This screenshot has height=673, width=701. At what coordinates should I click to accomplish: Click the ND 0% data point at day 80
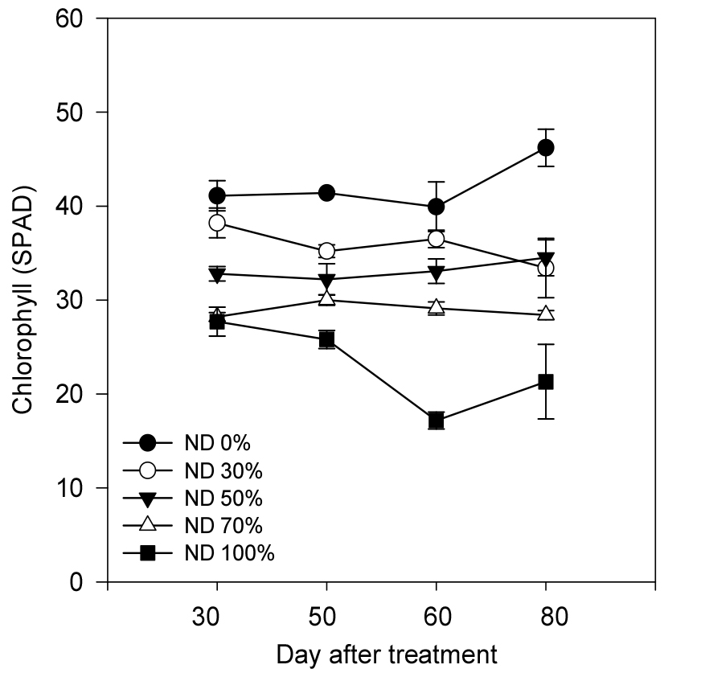pyautogui.click(x=546, y=147)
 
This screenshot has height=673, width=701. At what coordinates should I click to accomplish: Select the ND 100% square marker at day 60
pyautogui.click(x=437, y=421)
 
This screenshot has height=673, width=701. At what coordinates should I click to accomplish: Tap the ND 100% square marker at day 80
pyautogui.click(x=546, y=381)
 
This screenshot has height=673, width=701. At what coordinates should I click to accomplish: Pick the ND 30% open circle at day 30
pyautogui.click(x=217, y=223)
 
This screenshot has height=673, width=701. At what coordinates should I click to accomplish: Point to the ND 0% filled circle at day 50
pyautogui.click(x=326, y=192)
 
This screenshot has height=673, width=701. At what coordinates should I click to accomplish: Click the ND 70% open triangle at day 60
pyautogui.click(x=437, y=307)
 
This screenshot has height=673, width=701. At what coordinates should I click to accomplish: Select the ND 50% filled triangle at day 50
pyautogui.click(x=326, y=280)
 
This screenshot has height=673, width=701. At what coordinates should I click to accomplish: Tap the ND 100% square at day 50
pyautogui.click(x=326, y=339)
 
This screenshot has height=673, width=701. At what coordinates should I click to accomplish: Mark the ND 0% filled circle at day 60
pyautogui.click(x=437, y=207)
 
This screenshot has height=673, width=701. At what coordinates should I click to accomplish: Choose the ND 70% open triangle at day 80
pyautogui.click(x=546, y=313)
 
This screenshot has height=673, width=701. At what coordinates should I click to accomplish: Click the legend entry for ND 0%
pyautogui.click(x=218, y=442)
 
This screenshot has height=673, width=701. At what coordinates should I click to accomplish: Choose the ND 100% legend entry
pyautogui.click(x=229, y=553)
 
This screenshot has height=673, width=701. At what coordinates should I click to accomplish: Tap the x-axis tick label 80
pyautogui.click(x=546, y=618)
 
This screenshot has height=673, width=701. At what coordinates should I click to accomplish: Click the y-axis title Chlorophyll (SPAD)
pyautogui.click(x=23, y=300)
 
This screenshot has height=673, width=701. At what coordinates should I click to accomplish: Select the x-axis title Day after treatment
pyautogui.click(x=387, y=654)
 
